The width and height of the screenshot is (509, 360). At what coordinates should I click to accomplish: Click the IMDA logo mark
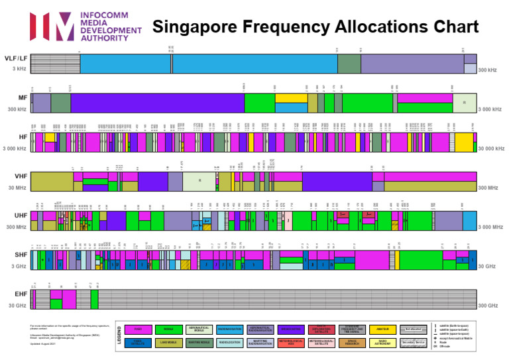(x=52, y=27)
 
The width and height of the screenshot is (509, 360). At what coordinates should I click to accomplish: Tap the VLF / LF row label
(x=17, y=59)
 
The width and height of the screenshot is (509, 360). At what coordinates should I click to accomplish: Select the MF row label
(x=23, y=97)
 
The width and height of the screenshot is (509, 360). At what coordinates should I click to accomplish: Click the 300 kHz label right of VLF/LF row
(x=487, y=70)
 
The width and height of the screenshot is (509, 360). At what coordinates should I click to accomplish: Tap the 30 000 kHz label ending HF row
(x=491, y=149)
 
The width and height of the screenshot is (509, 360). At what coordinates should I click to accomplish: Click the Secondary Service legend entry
(x=413, y=343)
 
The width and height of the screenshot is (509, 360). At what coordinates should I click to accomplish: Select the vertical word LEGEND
(x=119, y=336)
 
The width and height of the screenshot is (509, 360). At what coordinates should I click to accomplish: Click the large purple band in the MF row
(x=156, y=103)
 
